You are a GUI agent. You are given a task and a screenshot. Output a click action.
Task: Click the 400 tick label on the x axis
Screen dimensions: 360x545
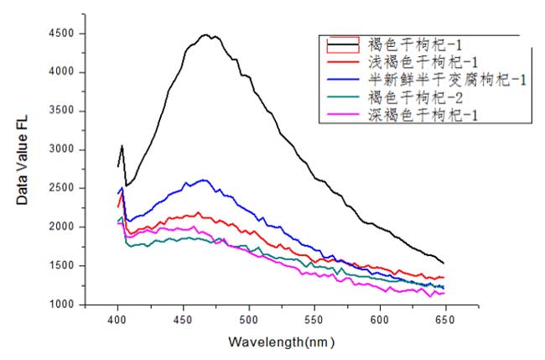coord(117,321)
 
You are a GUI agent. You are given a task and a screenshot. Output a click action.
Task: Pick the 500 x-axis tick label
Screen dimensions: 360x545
coord(249,321)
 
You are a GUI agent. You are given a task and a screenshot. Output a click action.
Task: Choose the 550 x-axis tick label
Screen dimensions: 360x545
coord(314,321)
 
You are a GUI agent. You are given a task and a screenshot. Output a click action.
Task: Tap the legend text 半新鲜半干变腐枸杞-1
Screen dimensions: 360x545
coord(447,80)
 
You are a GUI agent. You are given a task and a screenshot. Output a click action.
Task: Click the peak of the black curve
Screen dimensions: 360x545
coord(205,34)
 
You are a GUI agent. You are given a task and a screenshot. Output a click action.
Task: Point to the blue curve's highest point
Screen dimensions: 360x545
coord(204,180)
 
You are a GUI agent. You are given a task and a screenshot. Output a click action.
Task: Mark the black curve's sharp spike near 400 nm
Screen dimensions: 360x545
coord(122,145)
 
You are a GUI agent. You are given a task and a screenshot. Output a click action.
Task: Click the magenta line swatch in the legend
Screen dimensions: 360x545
coord(341,115)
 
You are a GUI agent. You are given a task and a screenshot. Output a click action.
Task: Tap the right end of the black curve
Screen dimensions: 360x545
coord(444,263)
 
